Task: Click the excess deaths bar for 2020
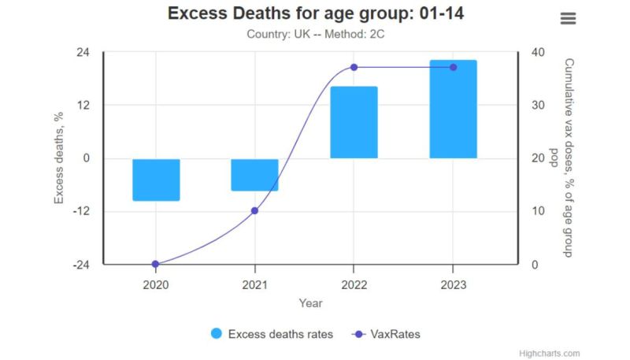tap(156, 180)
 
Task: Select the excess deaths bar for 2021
tap(254, 175)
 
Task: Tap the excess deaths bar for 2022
tap(354, 122)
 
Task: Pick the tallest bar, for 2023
tap(453, 109)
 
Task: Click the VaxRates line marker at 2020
tap(155, 264)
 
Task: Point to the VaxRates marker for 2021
tap(254, 210)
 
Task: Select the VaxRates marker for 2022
tap(354, 67)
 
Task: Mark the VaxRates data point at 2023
tap(453, 67)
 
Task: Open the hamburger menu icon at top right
tap(568, 18)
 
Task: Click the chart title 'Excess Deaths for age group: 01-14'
tap(321, 14)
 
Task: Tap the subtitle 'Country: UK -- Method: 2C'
tap(315, 34)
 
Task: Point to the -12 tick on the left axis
tap(80, 211)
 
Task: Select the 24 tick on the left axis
tap(83, 52)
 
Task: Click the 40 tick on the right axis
tap(538, 52)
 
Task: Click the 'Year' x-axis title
tap(310, 302)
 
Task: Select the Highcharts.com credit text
tap(550, 353)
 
